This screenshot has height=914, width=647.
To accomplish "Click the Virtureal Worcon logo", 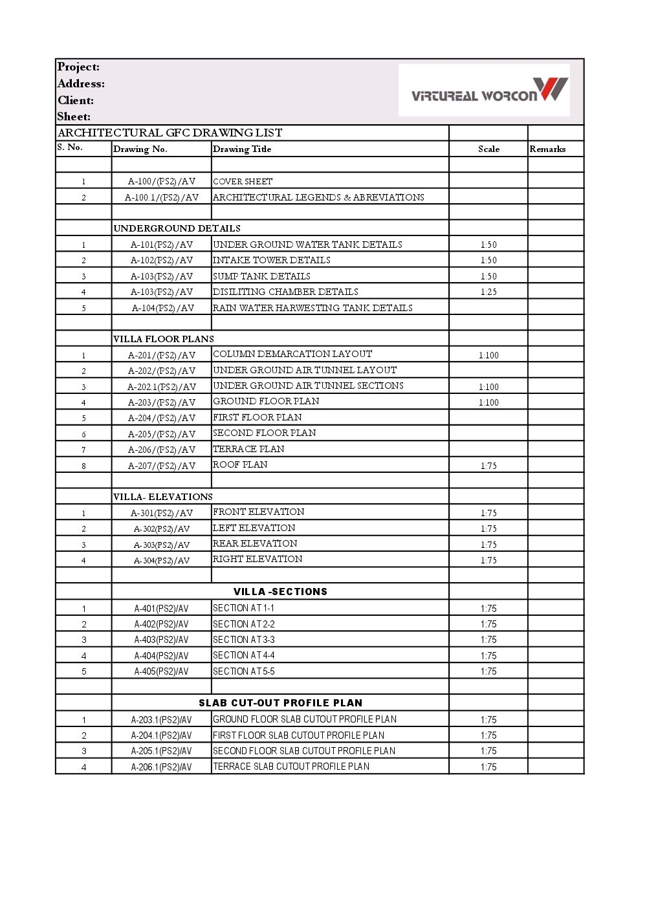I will pyautogui.click(x=489, y=91).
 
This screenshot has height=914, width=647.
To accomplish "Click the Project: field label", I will pyautogui.click(x=78, y=67).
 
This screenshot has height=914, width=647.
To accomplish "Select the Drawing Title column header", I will pyautogui.click(x=242, y=149).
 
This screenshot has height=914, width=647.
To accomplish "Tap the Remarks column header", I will pyautogui.click(x=547, y=149).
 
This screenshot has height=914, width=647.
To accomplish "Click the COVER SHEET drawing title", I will pyautogui.click(x=243, y=182).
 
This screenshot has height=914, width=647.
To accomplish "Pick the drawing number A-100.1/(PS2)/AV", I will pyautogui.click(x=162, y=197).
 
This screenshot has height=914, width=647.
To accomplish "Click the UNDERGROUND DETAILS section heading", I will pyautogui.click(x=177, y=228).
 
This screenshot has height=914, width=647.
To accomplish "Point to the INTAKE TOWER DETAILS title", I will pyautogui.click(x=272, y=260).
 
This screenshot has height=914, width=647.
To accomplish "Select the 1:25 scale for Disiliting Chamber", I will pyautogui.click(x=488, y=292).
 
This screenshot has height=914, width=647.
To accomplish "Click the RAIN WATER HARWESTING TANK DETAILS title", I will pyautogui.click(x=313, y=308).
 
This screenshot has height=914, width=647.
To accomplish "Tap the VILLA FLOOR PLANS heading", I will pyautogui.click(x=163, y=339).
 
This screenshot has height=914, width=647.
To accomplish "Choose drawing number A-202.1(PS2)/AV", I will pyautogui.click(x=162, y=387).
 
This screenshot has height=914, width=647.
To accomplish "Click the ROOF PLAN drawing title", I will pyautogui.click(x=240, y=464).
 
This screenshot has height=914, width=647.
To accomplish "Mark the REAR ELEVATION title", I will pyautogui.click(x=255, y=543).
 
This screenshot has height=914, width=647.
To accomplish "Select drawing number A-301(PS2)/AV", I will pyautogui.click(x=162, y=513).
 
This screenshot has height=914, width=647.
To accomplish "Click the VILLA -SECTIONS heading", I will pyautogui.click(x=280, y=592).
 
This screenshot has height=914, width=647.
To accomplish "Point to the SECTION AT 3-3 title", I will pyautogui.click(x=244, y=640).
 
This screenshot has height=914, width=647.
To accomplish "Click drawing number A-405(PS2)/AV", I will pyautogui.click(x=161, y=671).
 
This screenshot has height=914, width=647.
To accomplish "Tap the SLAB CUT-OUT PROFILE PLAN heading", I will pyautogui.click(x=280, y=703).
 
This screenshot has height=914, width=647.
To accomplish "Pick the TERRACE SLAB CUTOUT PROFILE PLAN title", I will pyautogui.click(x=291, y=767).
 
